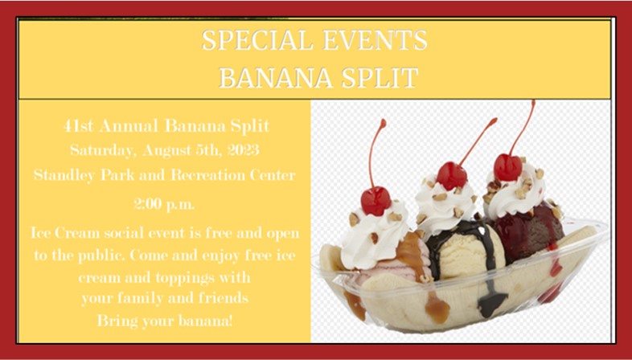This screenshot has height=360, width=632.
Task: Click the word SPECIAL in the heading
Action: [257, 40]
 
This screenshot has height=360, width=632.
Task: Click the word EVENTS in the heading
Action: [375, 40]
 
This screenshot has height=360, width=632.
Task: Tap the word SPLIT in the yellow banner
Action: [380, 78]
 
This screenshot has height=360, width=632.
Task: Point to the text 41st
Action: [78, 126]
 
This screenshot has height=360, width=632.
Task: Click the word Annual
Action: [129, 126]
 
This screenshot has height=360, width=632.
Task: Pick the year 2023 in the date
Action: [243, 150]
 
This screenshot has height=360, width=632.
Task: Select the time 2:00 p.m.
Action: [164, 205]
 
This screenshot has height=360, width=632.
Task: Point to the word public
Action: [101, 256]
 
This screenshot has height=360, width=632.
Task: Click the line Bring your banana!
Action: [165, 321]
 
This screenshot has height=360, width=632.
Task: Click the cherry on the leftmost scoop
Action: [376, 200]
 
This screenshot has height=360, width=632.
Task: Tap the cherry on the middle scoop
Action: [451, 175]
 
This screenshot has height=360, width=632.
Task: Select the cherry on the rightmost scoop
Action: [508, 167]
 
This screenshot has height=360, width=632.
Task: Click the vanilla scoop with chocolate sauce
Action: [467, 250]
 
